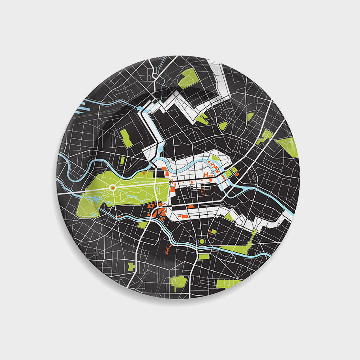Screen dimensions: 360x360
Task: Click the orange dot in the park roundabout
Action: point(112,188)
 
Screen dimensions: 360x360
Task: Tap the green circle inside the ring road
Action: point(202,240)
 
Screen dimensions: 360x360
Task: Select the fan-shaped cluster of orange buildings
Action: point(157,211)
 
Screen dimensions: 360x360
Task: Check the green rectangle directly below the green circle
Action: point(203,257)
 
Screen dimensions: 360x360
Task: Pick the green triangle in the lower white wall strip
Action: point(228,216)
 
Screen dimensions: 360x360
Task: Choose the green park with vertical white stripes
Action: point(229,283)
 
